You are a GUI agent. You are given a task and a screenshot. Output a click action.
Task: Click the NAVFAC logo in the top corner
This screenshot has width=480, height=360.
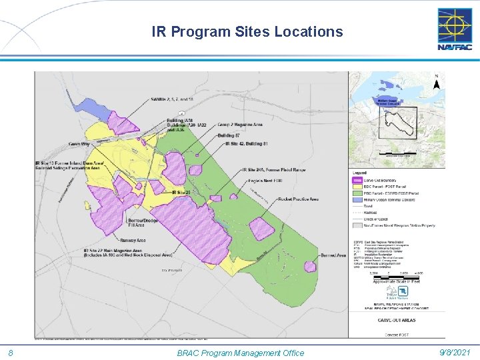[x=454, y=29]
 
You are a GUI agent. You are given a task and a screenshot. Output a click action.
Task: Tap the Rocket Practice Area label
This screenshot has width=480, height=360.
[x=299, y=199]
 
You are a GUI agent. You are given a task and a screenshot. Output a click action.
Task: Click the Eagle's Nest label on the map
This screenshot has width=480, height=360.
[x=265, y=181]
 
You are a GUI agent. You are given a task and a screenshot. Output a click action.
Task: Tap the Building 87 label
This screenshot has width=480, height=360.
[x=229, y=135]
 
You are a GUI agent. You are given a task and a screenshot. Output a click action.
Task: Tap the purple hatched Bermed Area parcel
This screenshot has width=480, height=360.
[x=310, y=266]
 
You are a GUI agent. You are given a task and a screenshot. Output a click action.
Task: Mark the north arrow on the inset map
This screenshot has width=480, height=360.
[x=436, y=83]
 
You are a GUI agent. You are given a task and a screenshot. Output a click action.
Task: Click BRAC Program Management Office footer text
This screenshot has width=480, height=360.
[x=240, y=353]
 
